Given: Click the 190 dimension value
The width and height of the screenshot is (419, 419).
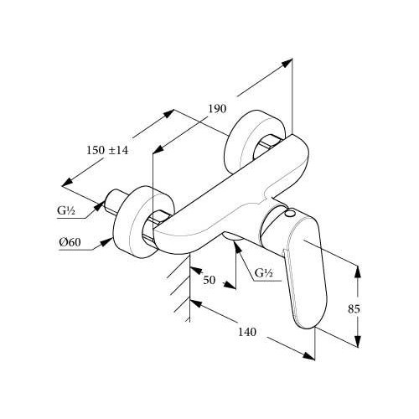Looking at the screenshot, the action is pyautogui.click(x=217, y=108).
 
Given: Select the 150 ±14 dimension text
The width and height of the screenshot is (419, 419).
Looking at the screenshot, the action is pyautogui.click(x=107, y=151).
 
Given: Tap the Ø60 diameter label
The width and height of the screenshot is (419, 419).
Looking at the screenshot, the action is pyautogui.click(x=70, y=242).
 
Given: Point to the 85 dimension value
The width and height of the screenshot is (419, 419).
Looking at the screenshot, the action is pyautogui.click(x=354, y=309).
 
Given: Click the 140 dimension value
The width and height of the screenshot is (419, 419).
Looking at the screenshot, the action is pyautogui.click(x=247, y=332).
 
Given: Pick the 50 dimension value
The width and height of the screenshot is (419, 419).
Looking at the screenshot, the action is pyautogui.click(x=209, y=280).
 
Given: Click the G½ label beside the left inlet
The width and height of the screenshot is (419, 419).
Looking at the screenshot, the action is pyautogui.click(x=66, y=210).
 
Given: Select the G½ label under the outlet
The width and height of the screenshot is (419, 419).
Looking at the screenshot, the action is pyautogui.click(x=264, y=272).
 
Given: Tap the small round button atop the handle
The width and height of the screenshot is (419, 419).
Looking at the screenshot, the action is pyautogui.click(x=290, y=215).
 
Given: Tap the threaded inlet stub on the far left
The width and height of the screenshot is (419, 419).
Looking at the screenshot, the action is pyautogui.click(x=114, y=202).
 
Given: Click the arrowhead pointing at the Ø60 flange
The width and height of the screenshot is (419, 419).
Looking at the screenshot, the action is pyautogui.click(x=107, y=242).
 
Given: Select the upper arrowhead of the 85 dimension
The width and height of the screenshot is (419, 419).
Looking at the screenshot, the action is pyautogui.click(x=357, y=272).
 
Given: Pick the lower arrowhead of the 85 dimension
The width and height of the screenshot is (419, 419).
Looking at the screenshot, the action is pyautogui.click(x=357, y=340).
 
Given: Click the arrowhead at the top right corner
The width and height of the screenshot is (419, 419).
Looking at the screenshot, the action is pyautogui.click(x=287, y=63).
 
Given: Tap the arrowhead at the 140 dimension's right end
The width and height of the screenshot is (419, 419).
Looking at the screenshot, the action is pyautogui.click(x=308, y=355).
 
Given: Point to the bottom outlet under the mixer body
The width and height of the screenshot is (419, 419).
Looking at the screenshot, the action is pyautogui.click(x=233, y=236).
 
